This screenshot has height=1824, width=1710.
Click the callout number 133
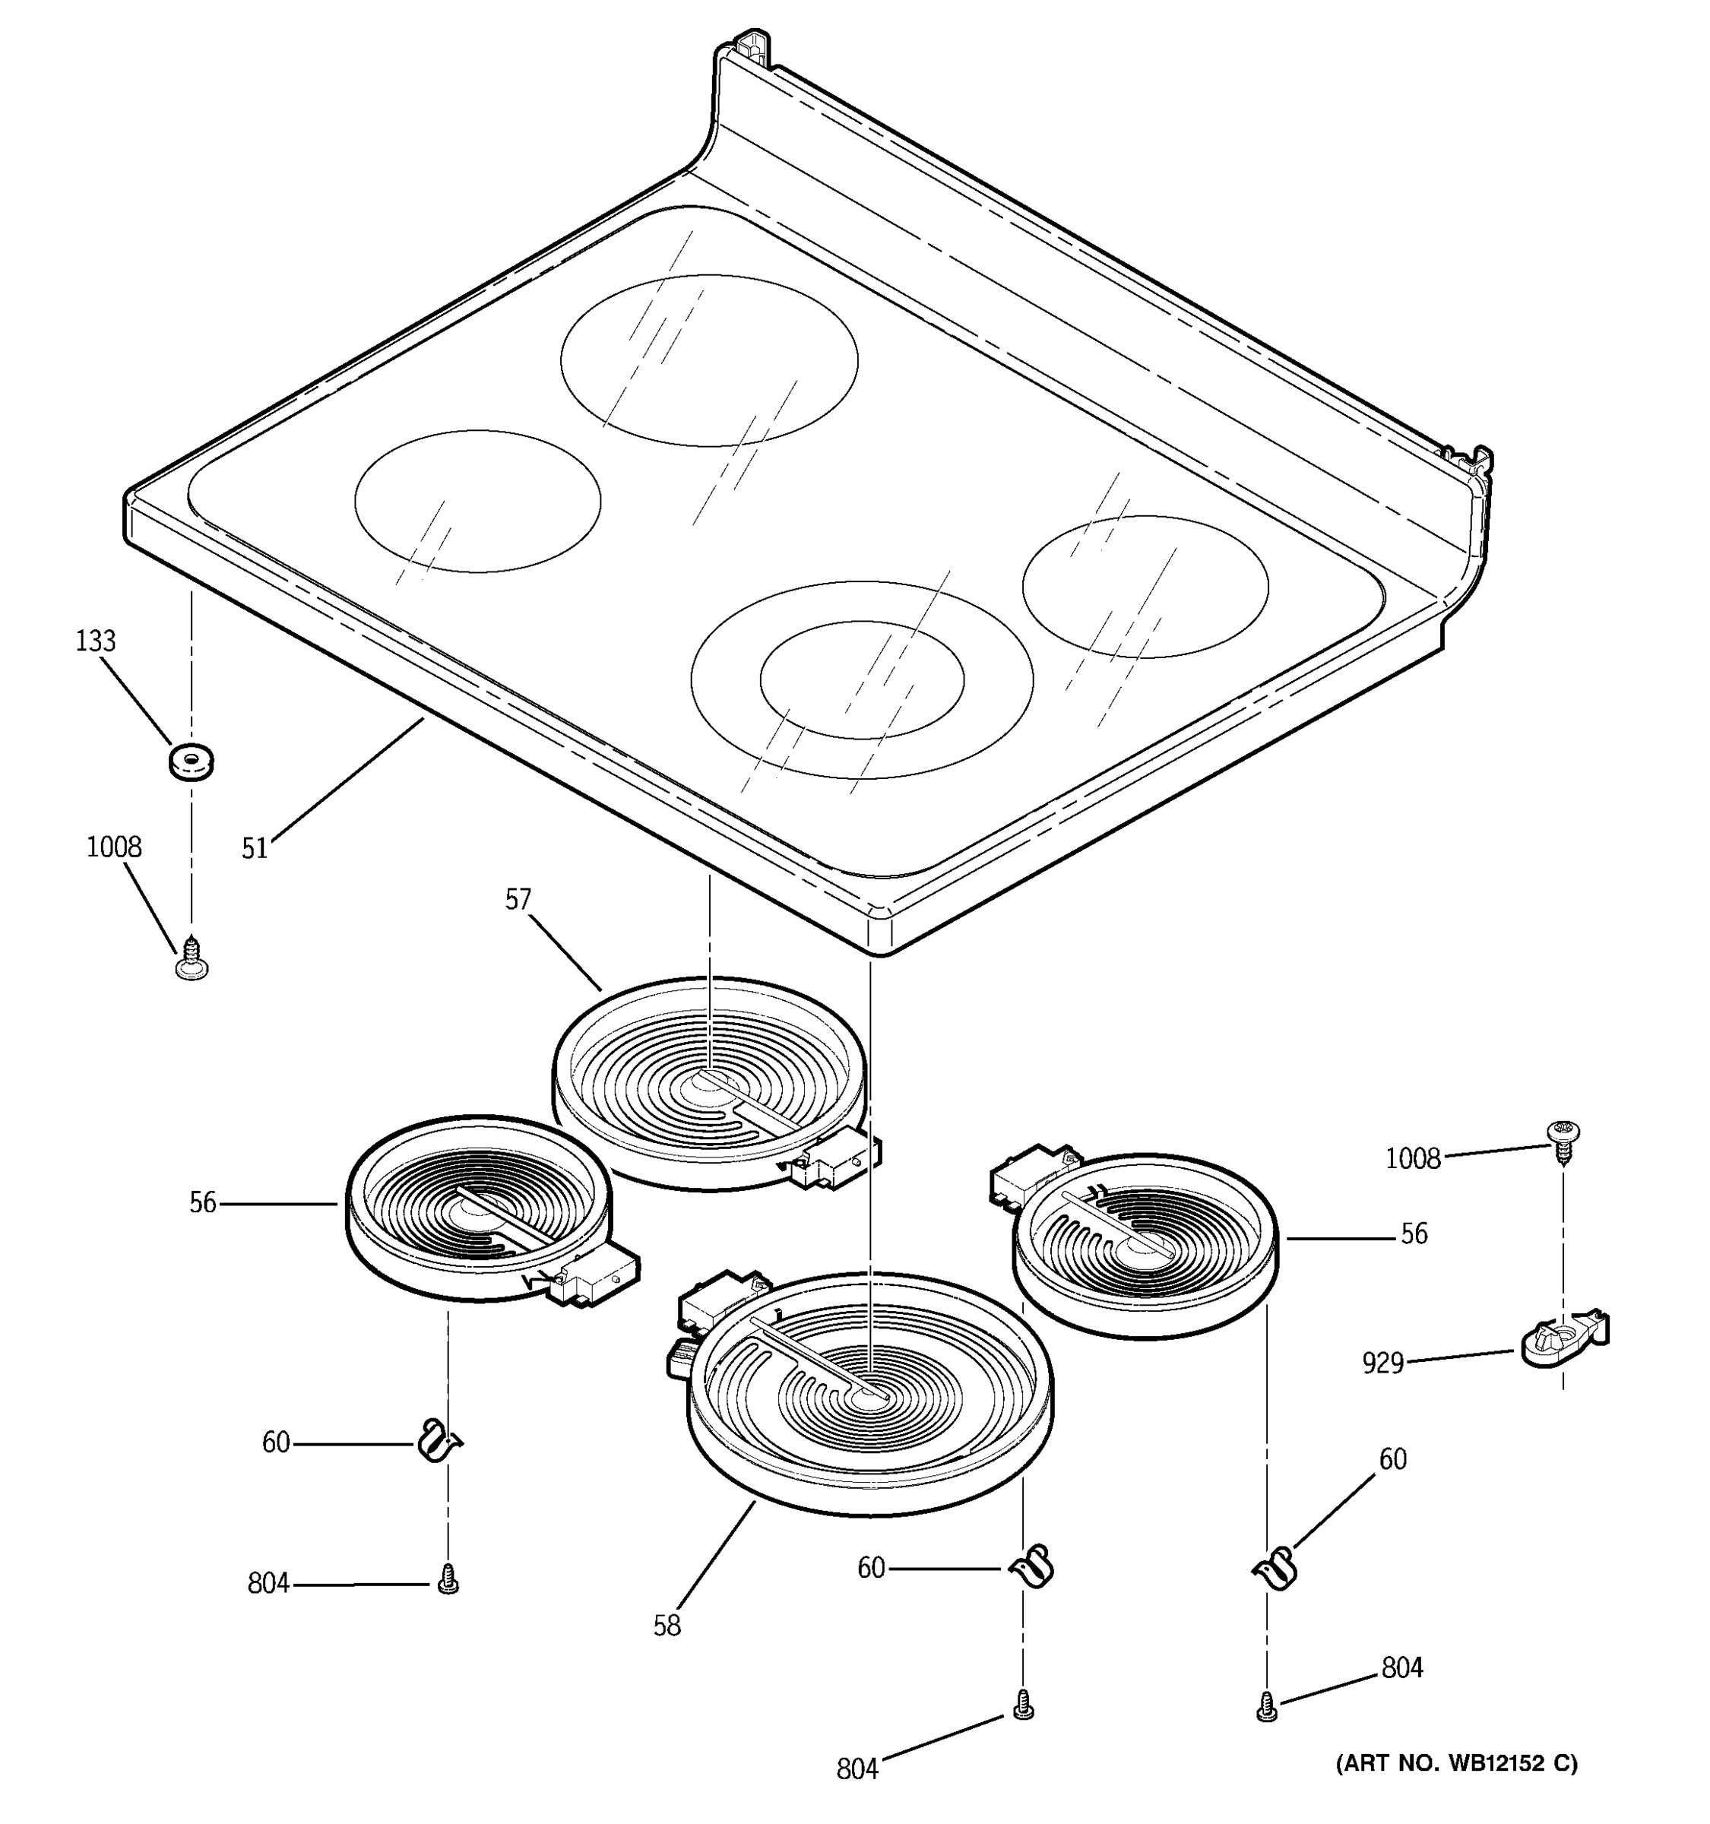[96, 641]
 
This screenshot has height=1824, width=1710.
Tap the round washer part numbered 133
[192, 761]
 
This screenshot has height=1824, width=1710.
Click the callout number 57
[518, 898]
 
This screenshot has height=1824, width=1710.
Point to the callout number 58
[667, 1626]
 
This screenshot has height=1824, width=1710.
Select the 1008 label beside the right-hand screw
[1413, 1159]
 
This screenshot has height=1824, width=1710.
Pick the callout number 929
[1382, 1363]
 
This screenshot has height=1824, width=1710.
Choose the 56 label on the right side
[1414, 1234]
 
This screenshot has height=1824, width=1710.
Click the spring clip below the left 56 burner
[439, 1442]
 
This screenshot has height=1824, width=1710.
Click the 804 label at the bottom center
[857, 1769]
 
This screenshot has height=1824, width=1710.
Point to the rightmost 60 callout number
[1392, 1459]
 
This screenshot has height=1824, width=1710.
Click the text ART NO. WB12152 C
[1456, 1762]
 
